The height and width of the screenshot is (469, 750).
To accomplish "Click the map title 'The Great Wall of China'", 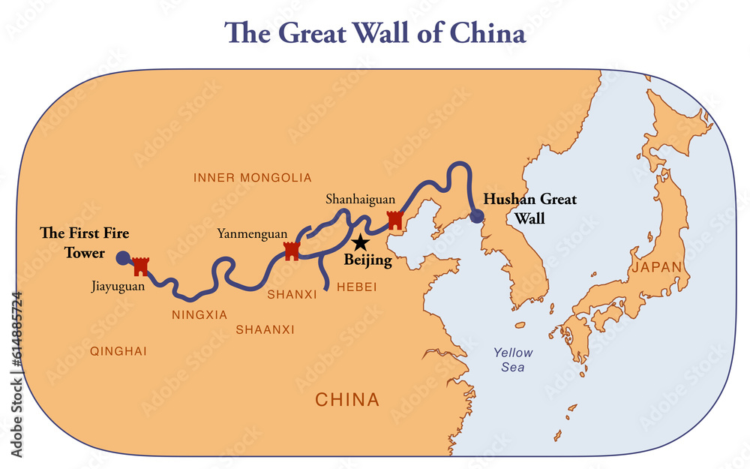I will [376, 33].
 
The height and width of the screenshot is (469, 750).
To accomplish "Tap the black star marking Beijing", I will [361, 242].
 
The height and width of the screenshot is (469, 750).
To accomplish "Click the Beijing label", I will [367, 261].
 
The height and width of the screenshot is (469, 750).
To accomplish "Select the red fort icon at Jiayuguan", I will [141, 266].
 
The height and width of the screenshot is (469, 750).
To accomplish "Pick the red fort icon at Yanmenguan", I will [292, 251].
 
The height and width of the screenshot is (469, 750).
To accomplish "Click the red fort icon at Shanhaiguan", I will [394, 220].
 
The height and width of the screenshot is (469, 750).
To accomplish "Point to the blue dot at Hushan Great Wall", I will [477, 218].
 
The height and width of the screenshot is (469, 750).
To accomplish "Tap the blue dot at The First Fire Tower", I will [123, 258].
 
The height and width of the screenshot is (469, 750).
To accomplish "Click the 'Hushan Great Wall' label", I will [529, 209].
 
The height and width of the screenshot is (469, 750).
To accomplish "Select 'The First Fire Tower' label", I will [84, 243].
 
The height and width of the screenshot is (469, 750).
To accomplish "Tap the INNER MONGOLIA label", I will [252, 178].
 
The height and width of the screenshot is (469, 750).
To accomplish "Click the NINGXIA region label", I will [199, 314].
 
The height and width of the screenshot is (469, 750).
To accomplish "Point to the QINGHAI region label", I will [118, 350].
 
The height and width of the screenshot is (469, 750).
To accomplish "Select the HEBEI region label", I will [356, 287].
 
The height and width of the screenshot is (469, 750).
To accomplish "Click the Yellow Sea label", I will [514, 359].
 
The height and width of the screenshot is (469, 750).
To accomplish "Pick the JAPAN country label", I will [657, 267].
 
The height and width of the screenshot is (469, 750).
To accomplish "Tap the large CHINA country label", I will [347, 399].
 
